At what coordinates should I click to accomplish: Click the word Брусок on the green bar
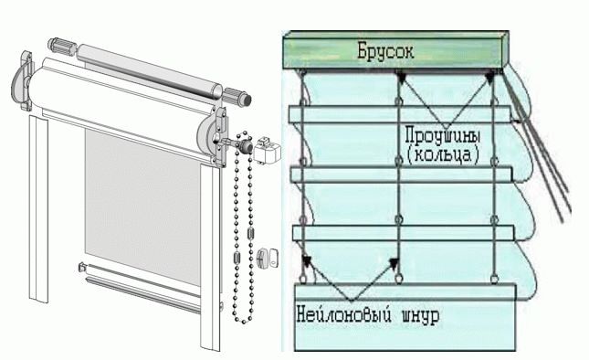click(x=385, y=50)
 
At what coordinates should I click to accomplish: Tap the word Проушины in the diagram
click(x=443, y=135)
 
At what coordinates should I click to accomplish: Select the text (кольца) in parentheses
click(x=443, y=154)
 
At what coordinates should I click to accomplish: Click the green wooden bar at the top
click(x=396, y=50)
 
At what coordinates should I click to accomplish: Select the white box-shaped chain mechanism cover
click(x=267, y=151)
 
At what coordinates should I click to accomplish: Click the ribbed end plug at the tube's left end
click(x=61, y=46)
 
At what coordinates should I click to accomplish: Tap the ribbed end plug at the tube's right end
click(x=237, y=97)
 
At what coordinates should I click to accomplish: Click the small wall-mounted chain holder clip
click(x=268, y=258)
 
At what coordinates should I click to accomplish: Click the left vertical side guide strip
click(x=38, y=208)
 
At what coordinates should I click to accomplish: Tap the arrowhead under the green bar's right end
click(x=489, y=77)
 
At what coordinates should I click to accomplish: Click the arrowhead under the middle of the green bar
click(x=402, y=78)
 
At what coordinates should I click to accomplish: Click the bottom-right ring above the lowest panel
click(x=495, y=279)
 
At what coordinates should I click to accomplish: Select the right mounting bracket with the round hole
click(x=214, y=136)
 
